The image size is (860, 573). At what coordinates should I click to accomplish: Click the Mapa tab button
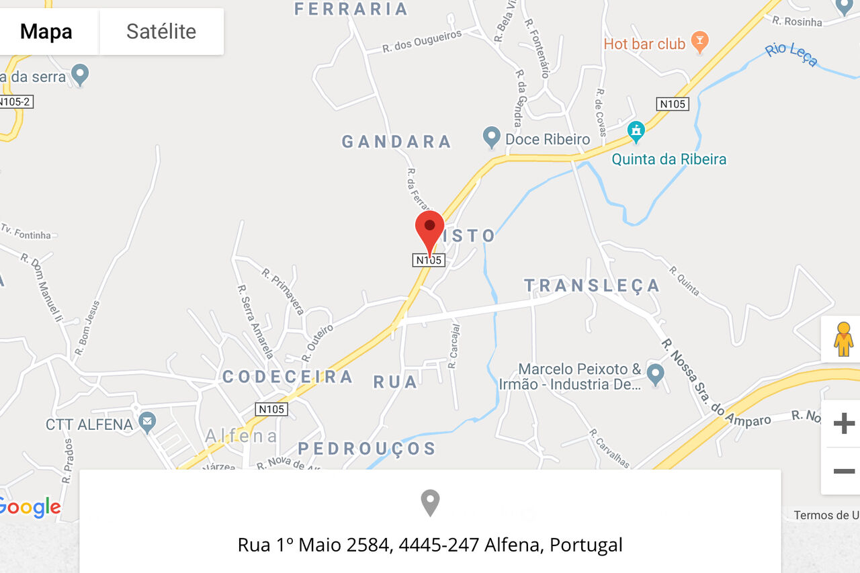[46, 32]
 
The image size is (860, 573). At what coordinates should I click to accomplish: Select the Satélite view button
[161, 32]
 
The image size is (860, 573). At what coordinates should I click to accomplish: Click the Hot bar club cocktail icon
[700, 43]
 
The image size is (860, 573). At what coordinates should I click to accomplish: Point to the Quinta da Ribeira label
[669, 159]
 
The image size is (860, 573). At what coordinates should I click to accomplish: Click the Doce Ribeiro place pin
[492, 138]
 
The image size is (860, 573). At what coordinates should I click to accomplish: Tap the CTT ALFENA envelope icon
[146, 423]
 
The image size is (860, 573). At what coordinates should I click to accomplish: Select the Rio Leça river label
[791, 55]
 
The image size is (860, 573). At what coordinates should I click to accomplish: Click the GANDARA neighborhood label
[396, 142]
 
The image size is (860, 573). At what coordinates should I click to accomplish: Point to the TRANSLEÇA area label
[592, 285]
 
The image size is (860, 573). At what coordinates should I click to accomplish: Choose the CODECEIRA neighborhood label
[288, 377]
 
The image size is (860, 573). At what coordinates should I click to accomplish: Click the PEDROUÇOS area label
[367, 449]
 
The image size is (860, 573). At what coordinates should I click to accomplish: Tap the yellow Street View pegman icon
[843, 339]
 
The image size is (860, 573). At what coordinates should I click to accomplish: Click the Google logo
[30, 508]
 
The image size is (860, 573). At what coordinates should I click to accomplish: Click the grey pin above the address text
[430, 502]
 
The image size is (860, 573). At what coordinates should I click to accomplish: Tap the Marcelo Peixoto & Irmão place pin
[655, 373]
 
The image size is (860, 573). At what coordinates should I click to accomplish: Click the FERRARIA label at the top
[351, 9]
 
